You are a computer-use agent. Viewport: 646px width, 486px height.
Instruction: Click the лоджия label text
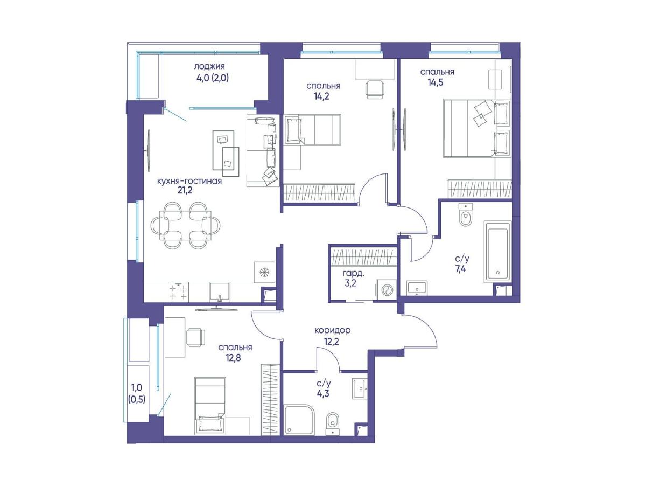coord(209,66)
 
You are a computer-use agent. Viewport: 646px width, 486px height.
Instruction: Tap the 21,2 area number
coord(185,190)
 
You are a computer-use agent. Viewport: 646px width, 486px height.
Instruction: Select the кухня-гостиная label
coord(189,181)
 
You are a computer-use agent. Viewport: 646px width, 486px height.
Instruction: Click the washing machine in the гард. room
coord(386,290)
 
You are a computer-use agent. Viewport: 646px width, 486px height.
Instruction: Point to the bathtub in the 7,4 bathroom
coord(497,252)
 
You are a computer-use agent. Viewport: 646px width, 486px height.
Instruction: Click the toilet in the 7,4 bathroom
coord(465,214)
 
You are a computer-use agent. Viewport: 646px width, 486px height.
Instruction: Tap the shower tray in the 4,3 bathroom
coord(299,419)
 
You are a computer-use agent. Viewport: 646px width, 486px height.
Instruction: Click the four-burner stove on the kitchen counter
coord(178,291)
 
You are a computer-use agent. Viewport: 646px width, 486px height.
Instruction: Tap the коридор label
coord(333,330)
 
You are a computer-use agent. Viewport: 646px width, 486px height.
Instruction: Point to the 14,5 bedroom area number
coord(436,82)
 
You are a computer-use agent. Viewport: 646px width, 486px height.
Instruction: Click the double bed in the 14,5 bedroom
coord(476,128)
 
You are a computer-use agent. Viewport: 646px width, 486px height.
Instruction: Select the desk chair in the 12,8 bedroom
coord(196,337)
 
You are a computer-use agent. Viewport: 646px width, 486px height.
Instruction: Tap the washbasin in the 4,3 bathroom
coord(360,389)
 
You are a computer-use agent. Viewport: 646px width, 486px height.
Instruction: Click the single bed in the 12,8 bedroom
coord(210,406)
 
